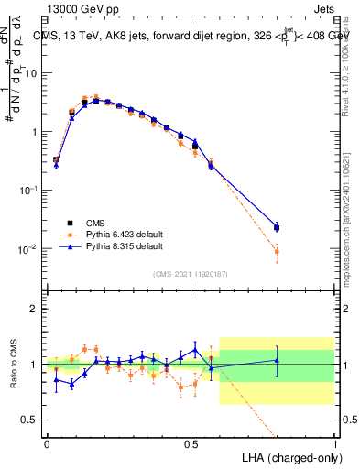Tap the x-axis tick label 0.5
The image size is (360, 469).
[191, 442]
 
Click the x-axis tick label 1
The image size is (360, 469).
[334, 442]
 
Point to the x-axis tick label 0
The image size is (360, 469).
[47, 442]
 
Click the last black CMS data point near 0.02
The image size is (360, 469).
[277, 227]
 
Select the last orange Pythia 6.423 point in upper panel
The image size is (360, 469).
[277, 251]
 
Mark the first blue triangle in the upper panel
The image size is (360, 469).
[56, 165]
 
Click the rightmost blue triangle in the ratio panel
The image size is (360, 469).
[277, 360]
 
